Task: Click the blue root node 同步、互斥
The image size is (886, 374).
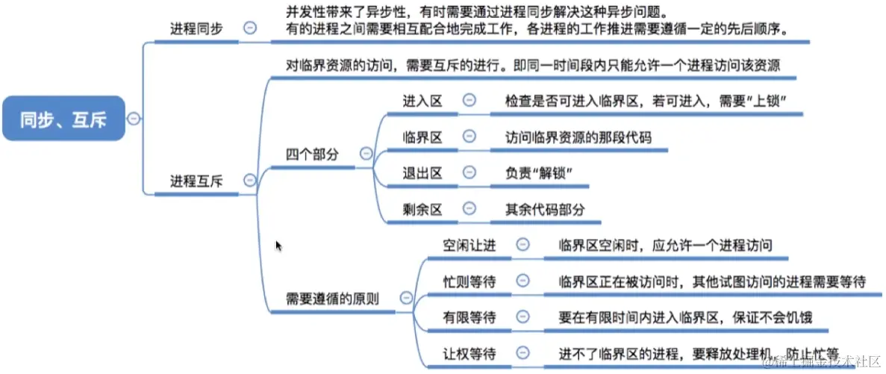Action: tap(63, 118)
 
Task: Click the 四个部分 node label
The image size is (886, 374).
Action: tap(312, 154)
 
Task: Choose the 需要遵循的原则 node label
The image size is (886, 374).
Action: tap(332, 298)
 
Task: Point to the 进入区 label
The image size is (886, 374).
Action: tap(422, 101)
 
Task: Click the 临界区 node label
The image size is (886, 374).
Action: tap(422, 137)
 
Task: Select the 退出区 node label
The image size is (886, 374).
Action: tap(422, 172)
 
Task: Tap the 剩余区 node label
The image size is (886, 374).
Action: tap(422, 208)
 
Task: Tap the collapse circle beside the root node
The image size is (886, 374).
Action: tap(134, 118)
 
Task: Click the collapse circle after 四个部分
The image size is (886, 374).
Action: tap(366, 153)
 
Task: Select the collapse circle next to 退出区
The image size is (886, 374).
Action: tap(469, 172)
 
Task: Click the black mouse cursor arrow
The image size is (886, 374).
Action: tap(279, 246)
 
